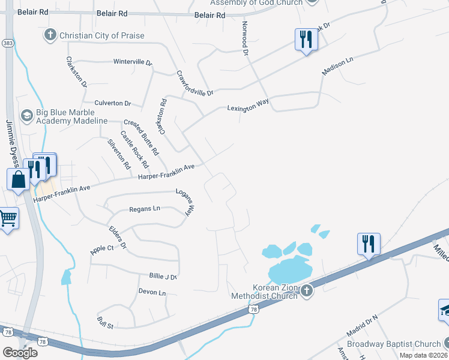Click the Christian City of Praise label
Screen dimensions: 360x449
point(101,35)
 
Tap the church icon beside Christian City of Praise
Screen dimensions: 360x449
point(50,35)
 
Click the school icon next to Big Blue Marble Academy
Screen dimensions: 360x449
point(26,115)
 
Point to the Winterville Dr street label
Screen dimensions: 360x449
point(133,62)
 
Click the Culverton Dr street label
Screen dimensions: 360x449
point(112,104)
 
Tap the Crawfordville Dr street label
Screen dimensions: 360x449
point(195,83)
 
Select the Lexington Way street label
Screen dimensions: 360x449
point(247,106)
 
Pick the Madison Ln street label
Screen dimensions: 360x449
point(337,65)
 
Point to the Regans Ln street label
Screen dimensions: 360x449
point(145,209)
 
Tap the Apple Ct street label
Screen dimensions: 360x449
point(101,248)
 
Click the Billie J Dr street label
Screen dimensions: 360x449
point(164,276)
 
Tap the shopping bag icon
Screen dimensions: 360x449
point(19,179)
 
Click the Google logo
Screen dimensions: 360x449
point(20,352)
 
